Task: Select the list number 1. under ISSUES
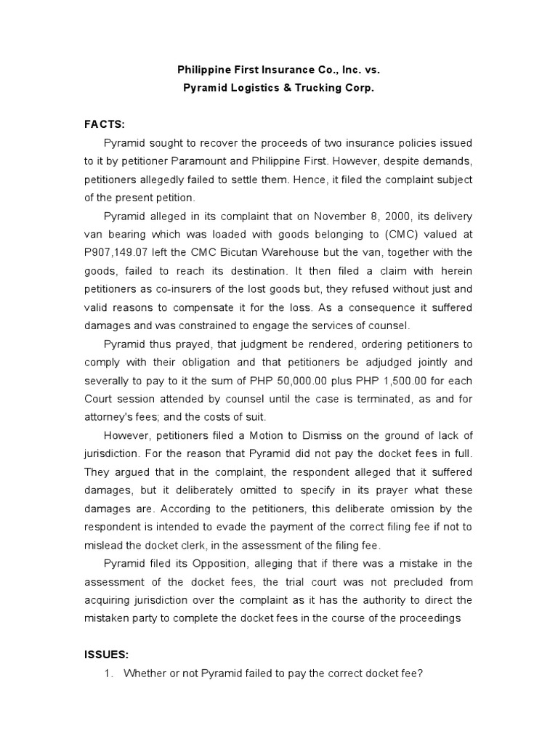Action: pyautogui.click(x=110, y=674)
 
